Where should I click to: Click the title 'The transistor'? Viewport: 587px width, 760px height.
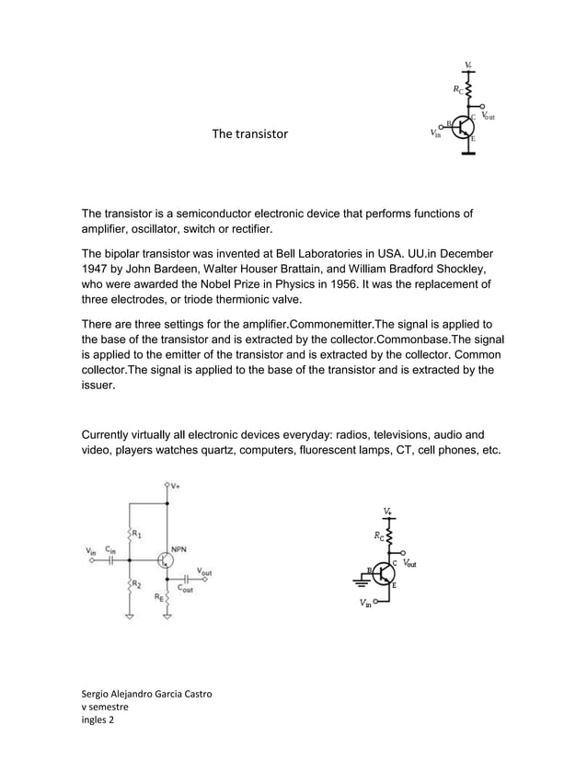(249, 134)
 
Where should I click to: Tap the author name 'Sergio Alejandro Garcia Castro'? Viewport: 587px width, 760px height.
(148, 693)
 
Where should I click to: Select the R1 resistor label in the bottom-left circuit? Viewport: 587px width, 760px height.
(136, 533)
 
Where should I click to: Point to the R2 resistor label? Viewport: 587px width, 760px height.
(136, 584)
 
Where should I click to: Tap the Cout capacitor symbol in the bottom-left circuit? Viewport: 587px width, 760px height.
(186, 580)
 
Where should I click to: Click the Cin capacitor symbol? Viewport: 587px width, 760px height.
(112, 559)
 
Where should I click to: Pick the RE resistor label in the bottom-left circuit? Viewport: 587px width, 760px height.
(158, 597)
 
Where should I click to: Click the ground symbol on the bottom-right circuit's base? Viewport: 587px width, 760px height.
(358, 582)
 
